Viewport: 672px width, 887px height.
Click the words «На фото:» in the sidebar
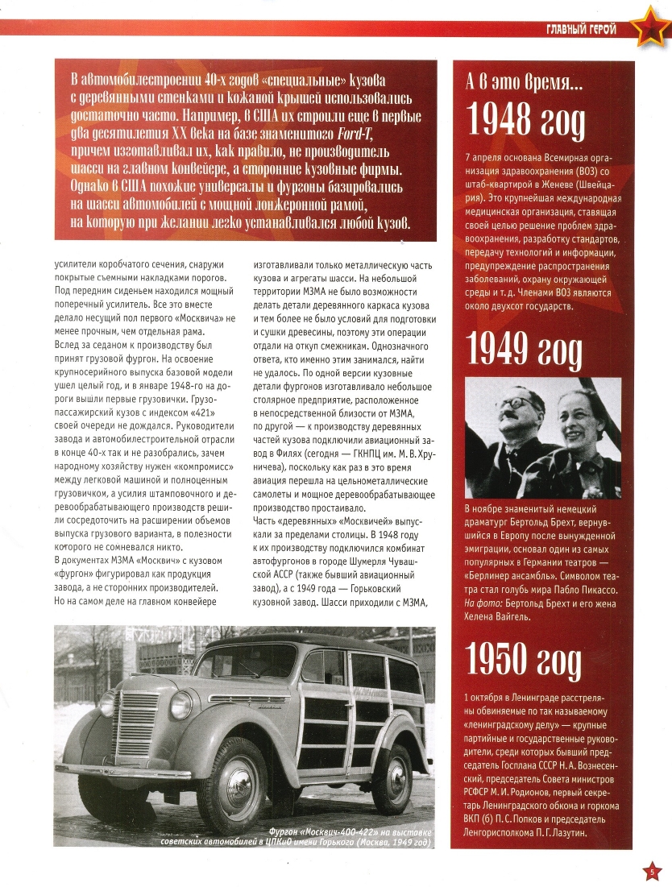tap(484, 603)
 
